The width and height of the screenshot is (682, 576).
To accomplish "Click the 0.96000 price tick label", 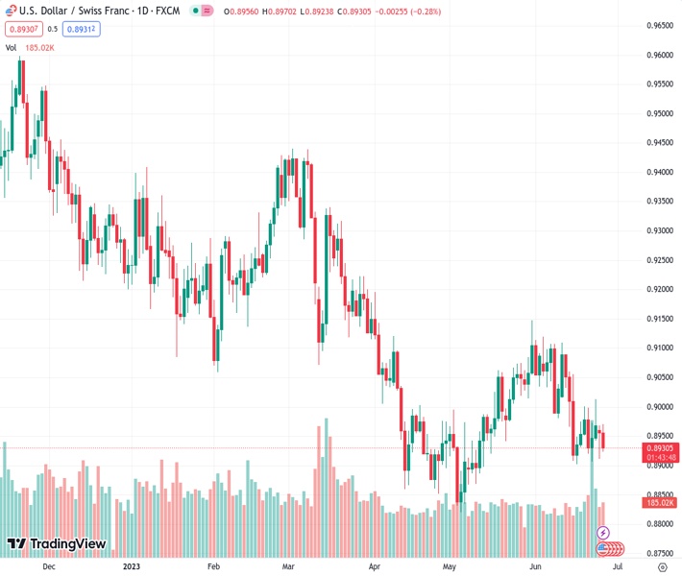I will click(658, 55).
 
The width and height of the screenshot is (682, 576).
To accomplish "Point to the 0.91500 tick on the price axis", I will click(658, 319).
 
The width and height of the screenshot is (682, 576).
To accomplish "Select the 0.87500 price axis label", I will click(658, 553).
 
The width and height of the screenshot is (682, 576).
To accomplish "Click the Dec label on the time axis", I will click(49, 566).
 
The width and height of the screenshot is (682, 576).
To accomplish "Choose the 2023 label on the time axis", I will click(132, 566).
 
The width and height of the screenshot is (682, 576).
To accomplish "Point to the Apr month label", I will click(375, 566).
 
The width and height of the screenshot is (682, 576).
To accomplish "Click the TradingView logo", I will click(57, 544).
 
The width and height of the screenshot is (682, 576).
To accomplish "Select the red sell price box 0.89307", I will click(22, 29).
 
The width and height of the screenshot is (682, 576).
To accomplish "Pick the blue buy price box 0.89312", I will click(83, 29).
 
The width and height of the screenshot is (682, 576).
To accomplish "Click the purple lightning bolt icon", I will click(603, 532).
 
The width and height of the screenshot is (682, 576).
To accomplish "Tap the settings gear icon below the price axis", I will click(662, 566).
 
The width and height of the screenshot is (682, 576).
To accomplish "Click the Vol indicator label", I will click(11, 47).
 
